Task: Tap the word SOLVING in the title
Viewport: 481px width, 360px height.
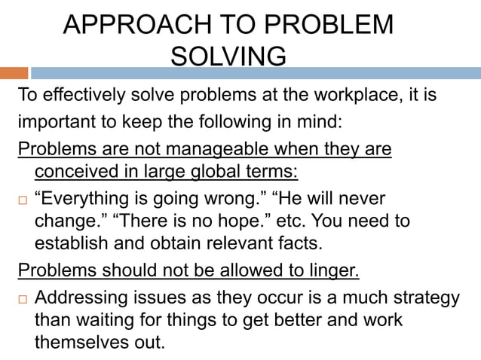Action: (228, 56)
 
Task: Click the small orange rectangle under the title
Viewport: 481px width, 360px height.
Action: (14, 73)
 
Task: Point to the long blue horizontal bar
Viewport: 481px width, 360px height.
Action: (256, 73)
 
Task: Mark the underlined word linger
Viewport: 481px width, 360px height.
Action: (333, 270)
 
